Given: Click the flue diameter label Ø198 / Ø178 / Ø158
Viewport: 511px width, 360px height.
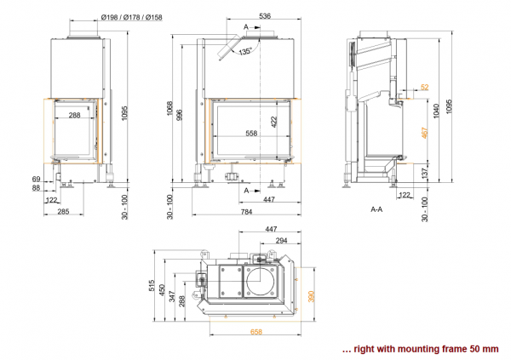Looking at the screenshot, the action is (x=132, y=17).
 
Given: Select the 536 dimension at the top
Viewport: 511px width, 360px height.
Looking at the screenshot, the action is (x=265, y=15).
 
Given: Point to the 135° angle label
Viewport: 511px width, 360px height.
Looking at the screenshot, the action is (x=245, y=51).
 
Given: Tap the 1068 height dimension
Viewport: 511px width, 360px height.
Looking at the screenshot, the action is (x=169, y=108).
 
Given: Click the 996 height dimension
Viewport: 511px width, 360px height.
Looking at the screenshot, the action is (x=179, y=115).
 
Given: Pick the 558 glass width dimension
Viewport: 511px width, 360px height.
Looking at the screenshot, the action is (x=251, y=133).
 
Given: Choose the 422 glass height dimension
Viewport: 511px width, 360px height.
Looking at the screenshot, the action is (x=273, y=122).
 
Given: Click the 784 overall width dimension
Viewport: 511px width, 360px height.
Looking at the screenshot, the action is (x=246, y=212).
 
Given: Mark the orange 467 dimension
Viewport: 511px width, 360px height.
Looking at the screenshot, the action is (x=425, y=133).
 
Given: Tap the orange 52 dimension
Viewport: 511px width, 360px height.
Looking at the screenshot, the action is (x=425, y=87).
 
